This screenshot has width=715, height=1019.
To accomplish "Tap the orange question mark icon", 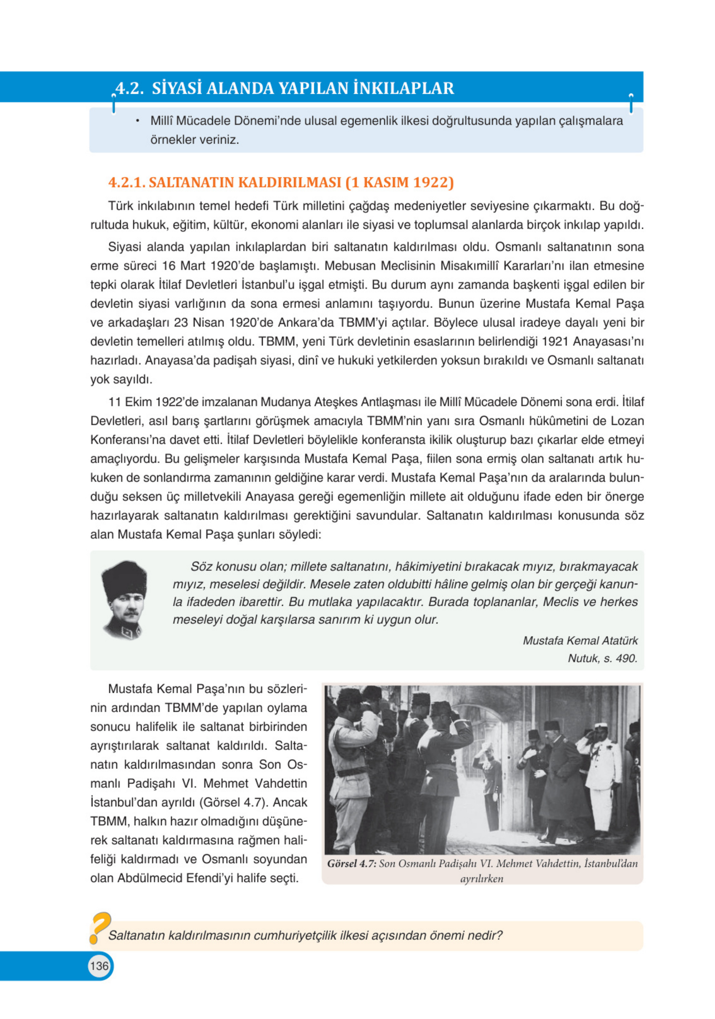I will coord(100,927).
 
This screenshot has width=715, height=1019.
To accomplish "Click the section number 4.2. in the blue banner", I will coord(129,88).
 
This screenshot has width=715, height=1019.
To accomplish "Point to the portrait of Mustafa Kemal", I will coord(124,599).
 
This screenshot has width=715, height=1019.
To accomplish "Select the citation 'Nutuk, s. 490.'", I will coord(602,658).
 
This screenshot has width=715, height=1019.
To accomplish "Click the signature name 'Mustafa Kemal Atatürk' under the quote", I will coord(580,640).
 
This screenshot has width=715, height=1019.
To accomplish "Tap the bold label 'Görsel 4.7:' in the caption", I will coord(351,863).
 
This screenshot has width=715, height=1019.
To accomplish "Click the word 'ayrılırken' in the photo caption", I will coord(482,879).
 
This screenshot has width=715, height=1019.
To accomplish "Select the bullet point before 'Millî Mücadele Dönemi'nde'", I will coord(138,121).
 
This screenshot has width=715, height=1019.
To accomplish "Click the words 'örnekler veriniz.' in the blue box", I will coord(194,140).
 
